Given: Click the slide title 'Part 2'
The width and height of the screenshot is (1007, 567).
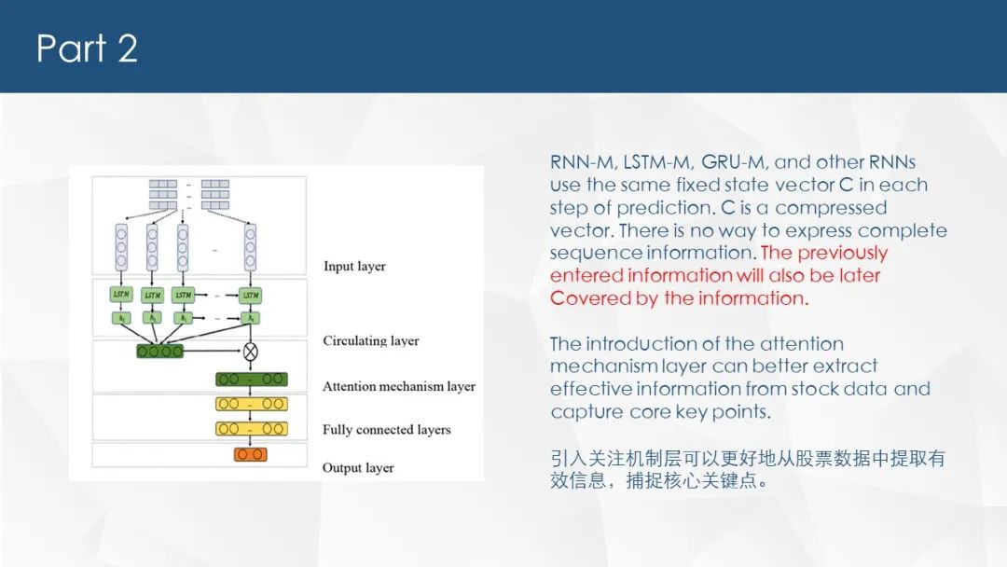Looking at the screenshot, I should click(87, 48).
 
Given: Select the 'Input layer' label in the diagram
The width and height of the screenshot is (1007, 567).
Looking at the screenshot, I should click(354, 267).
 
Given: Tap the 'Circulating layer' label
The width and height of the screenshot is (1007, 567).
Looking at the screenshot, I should click(371, 340).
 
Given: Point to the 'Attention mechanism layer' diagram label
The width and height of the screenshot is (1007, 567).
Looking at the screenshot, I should click(399, 386).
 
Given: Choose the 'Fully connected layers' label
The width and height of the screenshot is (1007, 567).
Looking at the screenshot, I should click(386, 430).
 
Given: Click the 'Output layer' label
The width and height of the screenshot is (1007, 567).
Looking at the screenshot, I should click(358, 467).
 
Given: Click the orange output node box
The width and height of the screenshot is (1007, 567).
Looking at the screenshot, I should click(250, 454).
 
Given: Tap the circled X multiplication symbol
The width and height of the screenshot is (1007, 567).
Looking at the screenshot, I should click(250, 352).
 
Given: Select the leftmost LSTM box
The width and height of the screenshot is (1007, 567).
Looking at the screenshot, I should click(121, 295).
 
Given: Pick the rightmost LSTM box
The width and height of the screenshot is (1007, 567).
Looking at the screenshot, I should click(250, 295).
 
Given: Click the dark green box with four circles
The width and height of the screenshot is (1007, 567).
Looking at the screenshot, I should click(160, 352).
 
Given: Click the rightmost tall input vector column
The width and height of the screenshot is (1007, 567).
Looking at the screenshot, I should click(250, 246).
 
